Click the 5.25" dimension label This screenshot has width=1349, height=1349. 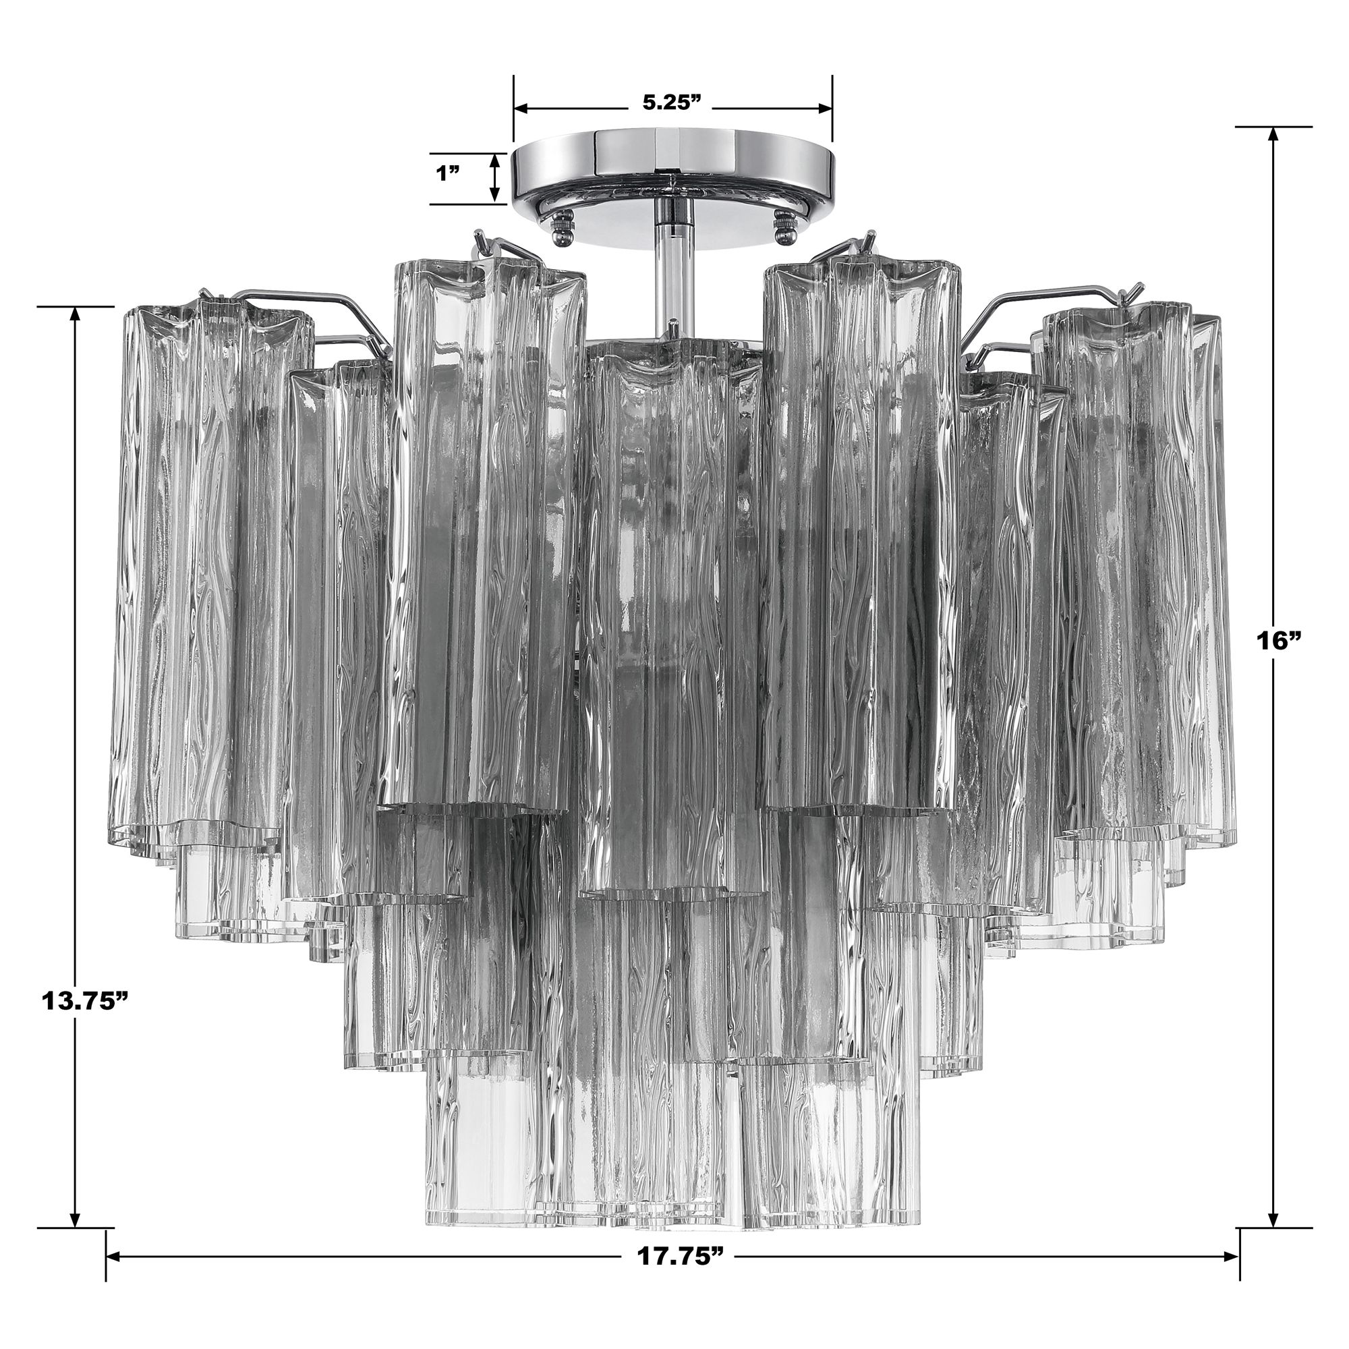671,103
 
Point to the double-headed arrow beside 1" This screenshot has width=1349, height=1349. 494,177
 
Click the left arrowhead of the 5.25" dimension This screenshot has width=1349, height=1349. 522,108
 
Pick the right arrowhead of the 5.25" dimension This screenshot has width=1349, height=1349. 824,108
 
